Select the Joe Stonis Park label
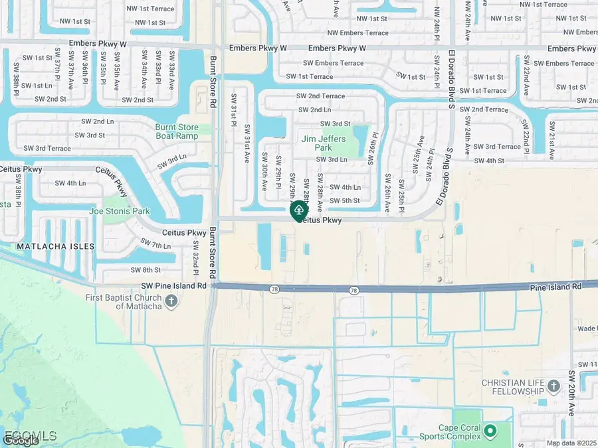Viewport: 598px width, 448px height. tap(119, 211)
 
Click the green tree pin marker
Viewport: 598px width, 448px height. tap(298, 212)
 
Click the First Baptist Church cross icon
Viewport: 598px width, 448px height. tap(171, 301)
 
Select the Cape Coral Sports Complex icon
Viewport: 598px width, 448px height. tap(491, 431)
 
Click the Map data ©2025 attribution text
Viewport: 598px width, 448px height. tap(571, 443)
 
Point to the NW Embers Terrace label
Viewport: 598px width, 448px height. tap(357, 33)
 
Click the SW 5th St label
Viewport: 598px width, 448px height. tap(345, 200)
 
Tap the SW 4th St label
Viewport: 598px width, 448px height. tap(490, 161)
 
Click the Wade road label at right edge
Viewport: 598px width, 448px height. tap(587, 329)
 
